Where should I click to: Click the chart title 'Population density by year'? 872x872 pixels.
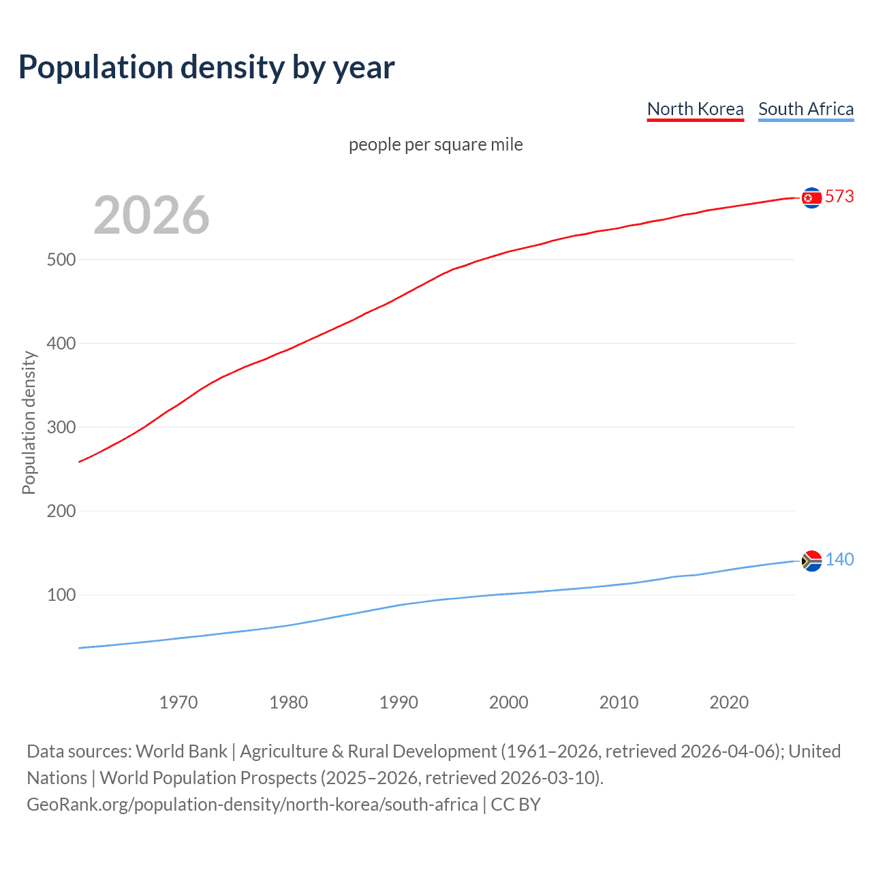point(206,67)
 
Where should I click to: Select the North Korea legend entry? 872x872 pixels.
point(695,109)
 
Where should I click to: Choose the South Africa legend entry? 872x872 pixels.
point(806,109)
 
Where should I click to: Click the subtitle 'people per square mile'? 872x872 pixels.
point(435,144)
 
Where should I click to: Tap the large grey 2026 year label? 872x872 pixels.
point(151,215)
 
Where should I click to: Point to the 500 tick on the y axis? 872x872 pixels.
point(61,260)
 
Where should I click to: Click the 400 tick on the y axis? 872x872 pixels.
point(61,343)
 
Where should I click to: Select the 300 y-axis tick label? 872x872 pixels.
point(61,427)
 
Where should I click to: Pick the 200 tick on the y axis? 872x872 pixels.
point(61,511)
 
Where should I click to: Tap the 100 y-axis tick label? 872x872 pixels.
point(61,595)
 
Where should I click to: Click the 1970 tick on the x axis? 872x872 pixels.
point(178,702)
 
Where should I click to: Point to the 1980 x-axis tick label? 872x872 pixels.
point(289,702)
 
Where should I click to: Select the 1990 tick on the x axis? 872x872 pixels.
point(399,702)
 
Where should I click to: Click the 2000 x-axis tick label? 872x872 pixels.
point(509,702)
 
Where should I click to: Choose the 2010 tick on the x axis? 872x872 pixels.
point(619,702)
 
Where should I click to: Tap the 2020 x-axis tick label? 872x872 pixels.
point(729,702)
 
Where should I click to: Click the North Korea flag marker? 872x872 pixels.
point(811,198)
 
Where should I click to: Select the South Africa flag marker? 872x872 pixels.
point(811,561)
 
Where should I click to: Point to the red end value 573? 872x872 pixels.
point(839,197)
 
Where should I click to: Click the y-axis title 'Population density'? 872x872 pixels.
point(29,422)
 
